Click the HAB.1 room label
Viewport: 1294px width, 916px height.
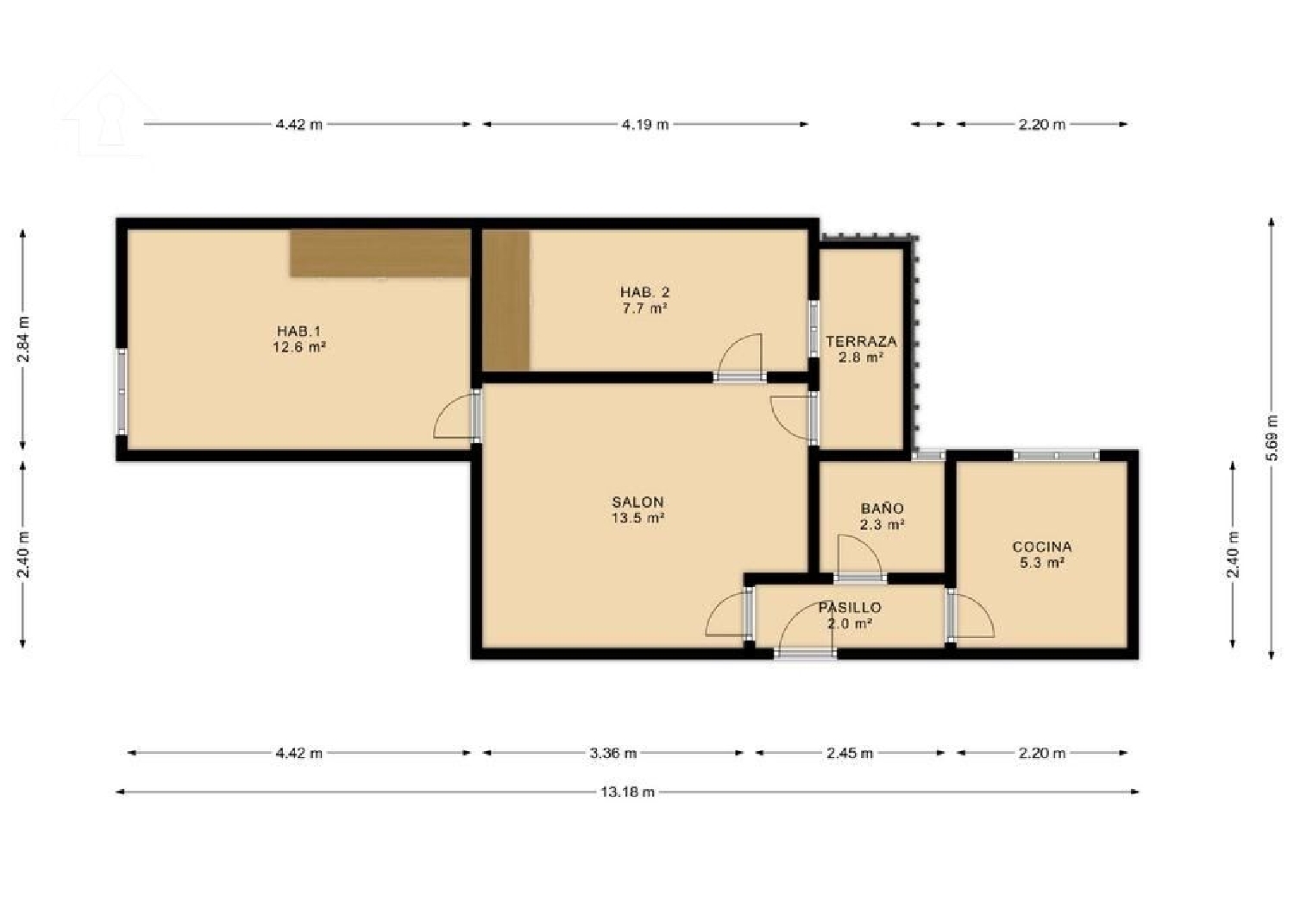click(298, 332)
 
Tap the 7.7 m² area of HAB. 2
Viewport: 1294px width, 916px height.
click(644, 308)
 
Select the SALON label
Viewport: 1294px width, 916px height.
click(638, 502)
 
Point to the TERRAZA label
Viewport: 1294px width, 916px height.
click(861, 341)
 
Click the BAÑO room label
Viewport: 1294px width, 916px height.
click(883, 509)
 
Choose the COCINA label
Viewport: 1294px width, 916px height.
click(1042, 546)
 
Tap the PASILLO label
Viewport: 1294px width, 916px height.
click(850, 607)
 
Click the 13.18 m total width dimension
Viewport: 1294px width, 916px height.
click(627, 792)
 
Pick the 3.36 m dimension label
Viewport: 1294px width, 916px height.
click(612, 753)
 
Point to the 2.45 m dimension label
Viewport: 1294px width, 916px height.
click(850, 753)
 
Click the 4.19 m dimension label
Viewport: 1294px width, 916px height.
click(645, 124)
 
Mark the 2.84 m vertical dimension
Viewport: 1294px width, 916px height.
click(23, 339)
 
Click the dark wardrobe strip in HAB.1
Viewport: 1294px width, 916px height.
click(380, 253)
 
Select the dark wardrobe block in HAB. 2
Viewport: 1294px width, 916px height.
click(506, 300)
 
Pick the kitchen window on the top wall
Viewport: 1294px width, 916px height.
click(1057, 456)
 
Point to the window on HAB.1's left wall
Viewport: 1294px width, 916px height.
click(122, 391)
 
